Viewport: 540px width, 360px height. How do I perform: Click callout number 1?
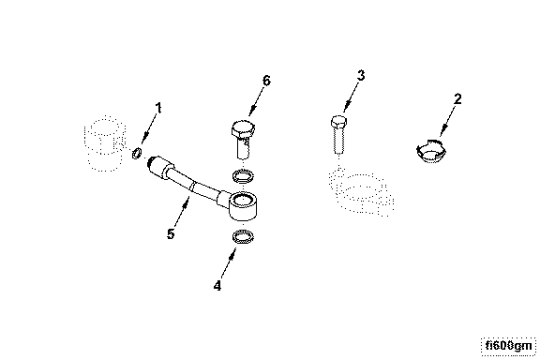(x=158, y=108)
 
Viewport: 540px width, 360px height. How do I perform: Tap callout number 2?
(x=457, y=99)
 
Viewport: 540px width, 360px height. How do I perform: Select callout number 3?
(x=361, y=75)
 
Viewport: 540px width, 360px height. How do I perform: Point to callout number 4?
(x=217, y=286)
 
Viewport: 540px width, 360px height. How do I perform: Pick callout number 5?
(x=171, y=234)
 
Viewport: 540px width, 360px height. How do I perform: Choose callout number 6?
(x=266, y=81)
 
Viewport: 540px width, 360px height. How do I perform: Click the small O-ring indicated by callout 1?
(x=136, y=153)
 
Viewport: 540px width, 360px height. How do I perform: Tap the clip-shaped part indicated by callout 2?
(x=431, y=151)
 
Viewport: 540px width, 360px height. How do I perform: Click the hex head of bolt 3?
(x=338, y=122)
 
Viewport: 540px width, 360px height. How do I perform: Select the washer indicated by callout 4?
(x=244, y=237)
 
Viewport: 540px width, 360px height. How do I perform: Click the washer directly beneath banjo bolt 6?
(x=244, y=175)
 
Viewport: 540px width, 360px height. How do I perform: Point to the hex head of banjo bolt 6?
(x=243, y=128)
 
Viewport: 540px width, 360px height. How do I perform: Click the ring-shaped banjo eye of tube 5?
(x=243, y=205)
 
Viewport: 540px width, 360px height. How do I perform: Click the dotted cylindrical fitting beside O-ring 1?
(x=104, y=143)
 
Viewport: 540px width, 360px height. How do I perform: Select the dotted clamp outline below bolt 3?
(x=362, y=191)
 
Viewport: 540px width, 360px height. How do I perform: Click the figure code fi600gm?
(x=508, y=346)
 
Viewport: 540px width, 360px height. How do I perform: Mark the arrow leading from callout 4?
(x=229, y=263)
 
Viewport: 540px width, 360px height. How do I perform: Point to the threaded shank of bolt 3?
(x=338, y=141)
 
